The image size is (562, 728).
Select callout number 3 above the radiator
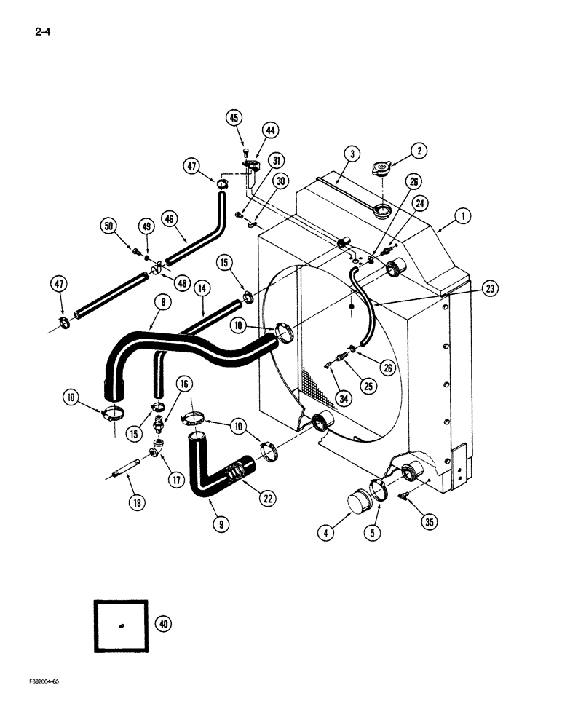click(352, 154)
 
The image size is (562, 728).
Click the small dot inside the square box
click(121, 626)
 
